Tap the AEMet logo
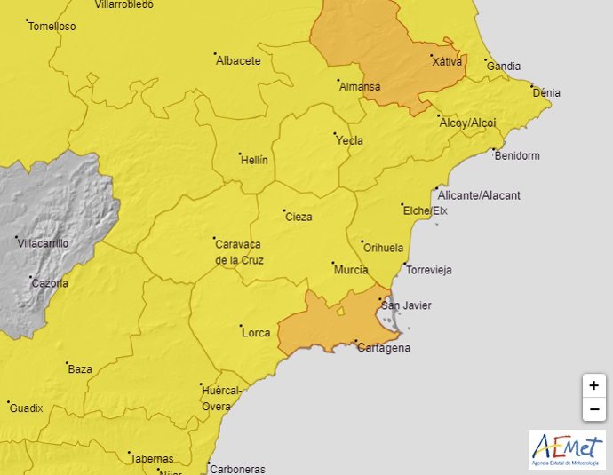566,450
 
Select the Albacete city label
239,61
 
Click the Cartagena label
384,348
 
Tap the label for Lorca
256,333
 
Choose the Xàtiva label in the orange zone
446,62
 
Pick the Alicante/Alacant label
479,195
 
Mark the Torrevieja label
429,269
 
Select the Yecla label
349,140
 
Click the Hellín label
254,161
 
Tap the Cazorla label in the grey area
50,283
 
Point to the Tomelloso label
52,27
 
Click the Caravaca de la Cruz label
239,252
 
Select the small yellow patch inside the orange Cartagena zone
340,311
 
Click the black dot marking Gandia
486,60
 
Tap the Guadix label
26,408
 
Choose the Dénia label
546,91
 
